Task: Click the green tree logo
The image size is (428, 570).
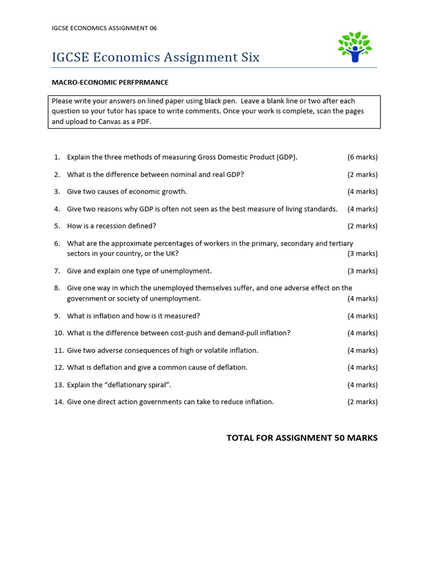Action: [x=354, y=47]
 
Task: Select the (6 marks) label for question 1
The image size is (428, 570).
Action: [x=362, y=157]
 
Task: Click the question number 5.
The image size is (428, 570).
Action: [x=57, y=226]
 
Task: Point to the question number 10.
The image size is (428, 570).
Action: [x=59, y=333]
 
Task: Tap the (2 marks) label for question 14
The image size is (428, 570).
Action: [x=362, y=402]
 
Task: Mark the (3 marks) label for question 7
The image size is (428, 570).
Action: [x=362, y=271]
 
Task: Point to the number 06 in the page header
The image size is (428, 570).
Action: [x=153, y=28]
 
